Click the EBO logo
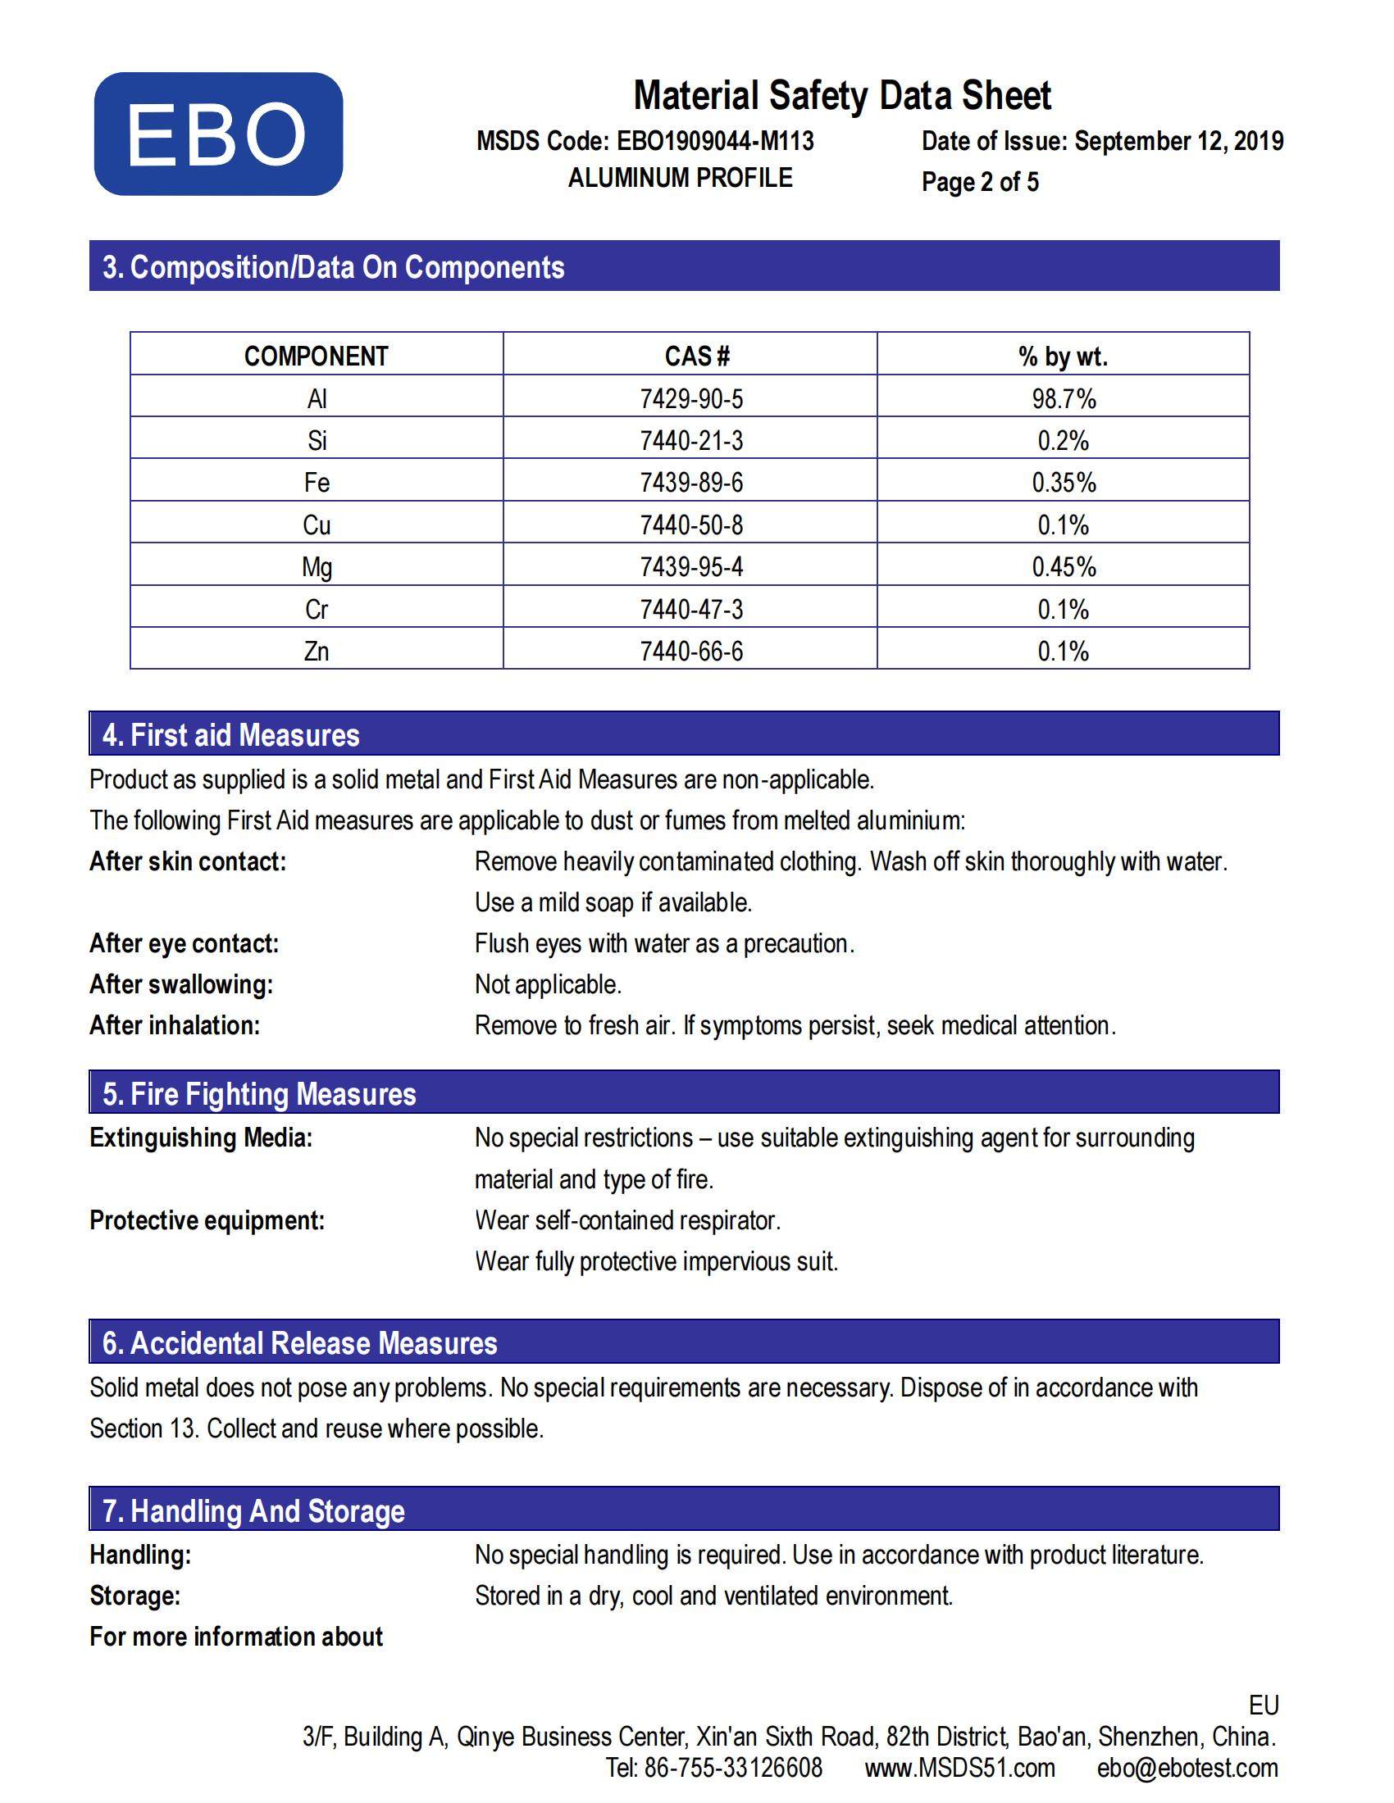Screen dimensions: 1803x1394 tap(218, 134)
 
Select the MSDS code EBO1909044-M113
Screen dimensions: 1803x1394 tap(715, 141)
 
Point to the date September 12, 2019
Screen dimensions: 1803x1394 tap(1178, 141)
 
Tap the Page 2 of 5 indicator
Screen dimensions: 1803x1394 tap(979, 182)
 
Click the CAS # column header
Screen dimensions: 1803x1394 tap(696, 356)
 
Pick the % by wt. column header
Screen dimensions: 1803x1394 tap(1063, 356)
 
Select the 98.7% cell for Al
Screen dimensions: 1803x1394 tap(1064, 399)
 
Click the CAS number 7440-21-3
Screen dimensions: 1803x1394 tap(691, 441)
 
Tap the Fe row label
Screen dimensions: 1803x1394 tap(317, 483)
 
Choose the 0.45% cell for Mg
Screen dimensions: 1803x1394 tap(1064, 567)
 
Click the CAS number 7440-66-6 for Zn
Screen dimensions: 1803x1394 tap(691, 652)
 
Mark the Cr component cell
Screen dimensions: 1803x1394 tap(317, 609)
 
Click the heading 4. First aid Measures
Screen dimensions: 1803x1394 tap(231, 735)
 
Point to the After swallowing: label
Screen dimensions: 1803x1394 tap(181, 984)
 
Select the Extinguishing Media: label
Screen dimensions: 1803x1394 tap(201, 1138)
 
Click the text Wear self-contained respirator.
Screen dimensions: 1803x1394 tap(627, 1220)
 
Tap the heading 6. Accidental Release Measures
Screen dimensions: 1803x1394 tap(300, 1343)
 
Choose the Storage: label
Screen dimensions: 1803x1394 tap(134, 1596)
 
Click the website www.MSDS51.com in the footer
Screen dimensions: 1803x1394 tap(959, 1768)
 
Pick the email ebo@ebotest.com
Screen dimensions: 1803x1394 tap(1187, 1768)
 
